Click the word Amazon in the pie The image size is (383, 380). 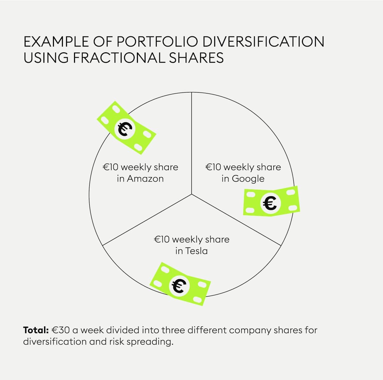(145, 178)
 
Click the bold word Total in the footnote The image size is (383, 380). (35, 330)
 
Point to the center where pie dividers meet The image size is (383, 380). (191, 194)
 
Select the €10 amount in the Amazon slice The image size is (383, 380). (111, 167)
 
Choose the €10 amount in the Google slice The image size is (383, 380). (214, 167)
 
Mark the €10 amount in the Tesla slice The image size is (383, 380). (162, 240)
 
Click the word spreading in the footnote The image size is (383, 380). (150, 342)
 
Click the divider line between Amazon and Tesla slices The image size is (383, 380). (147, 220)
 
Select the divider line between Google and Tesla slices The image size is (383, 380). (236, 220)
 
